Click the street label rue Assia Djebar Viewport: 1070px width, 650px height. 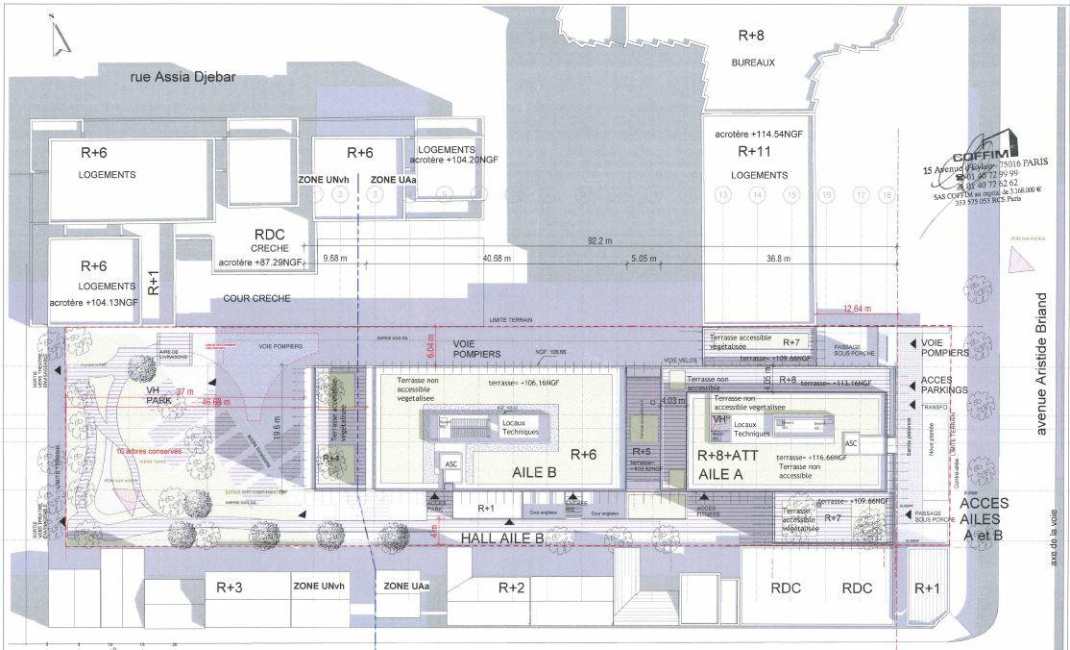point(182,78)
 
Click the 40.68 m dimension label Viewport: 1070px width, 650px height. point(497,258)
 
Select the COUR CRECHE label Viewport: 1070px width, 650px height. point(255,298)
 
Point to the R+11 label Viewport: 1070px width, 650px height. point(754,152)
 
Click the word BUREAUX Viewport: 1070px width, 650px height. point(752,62)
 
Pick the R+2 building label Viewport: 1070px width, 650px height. point(511,587)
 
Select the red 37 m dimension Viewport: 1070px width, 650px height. point(184,391)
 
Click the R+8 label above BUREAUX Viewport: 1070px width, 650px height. point(751,36)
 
